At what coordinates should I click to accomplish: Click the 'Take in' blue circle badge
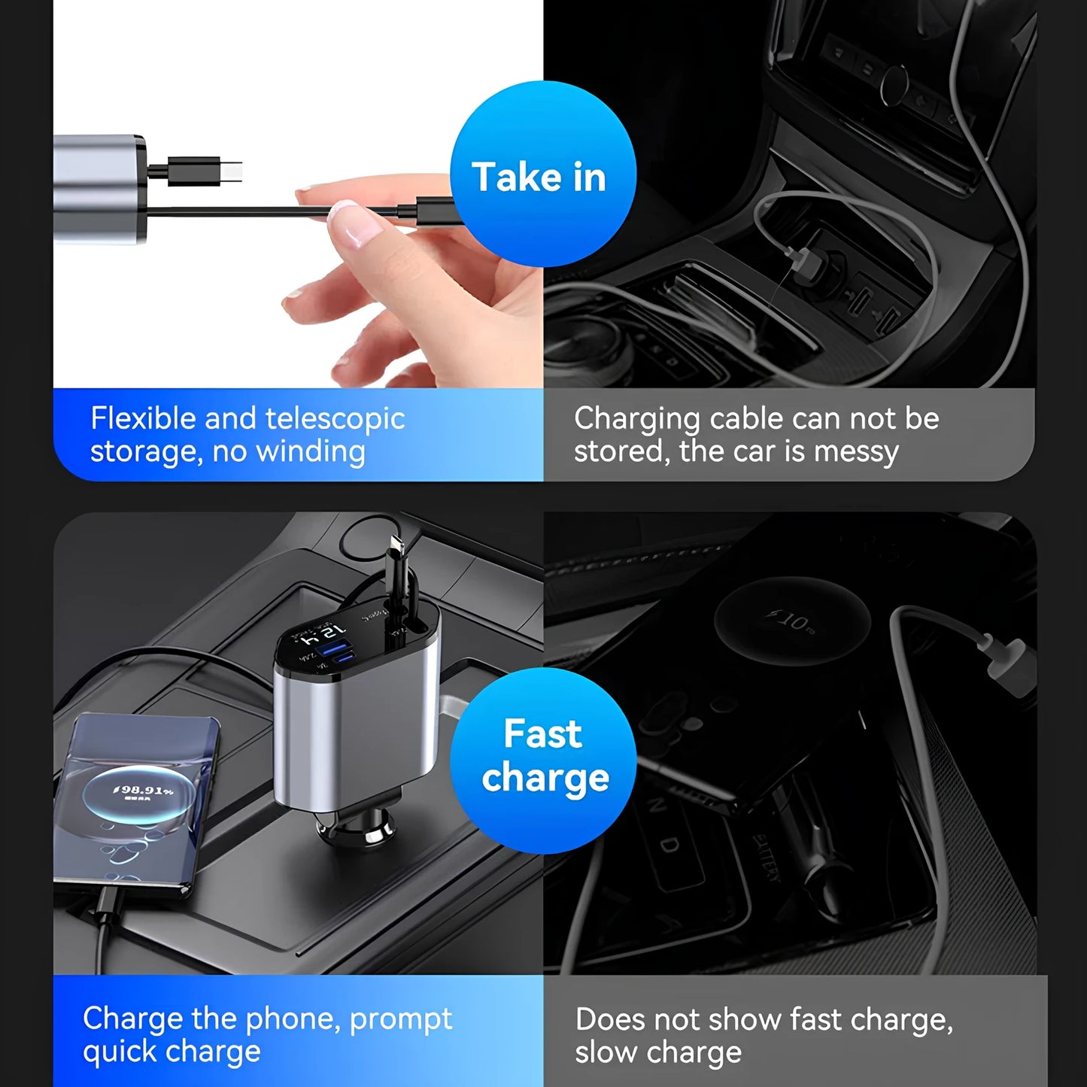pyautogui.click(x=542, y=175)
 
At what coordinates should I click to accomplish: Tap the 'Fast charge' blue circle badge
pyautogui.click(x=542, y=760)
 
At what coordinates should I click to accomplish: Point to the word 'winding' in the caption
pyautogui.click(x=310, y=452)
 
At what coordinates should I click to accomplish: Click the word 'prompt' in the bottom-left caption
pyautogui.click(x=400, y=1019)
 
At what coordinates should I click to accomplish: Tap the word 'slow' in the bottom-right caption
pyautogui.click(x=603, y=1052)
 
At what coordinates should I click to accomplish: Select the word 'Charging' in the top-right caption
pyautogui.click(x=636, y=419)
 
